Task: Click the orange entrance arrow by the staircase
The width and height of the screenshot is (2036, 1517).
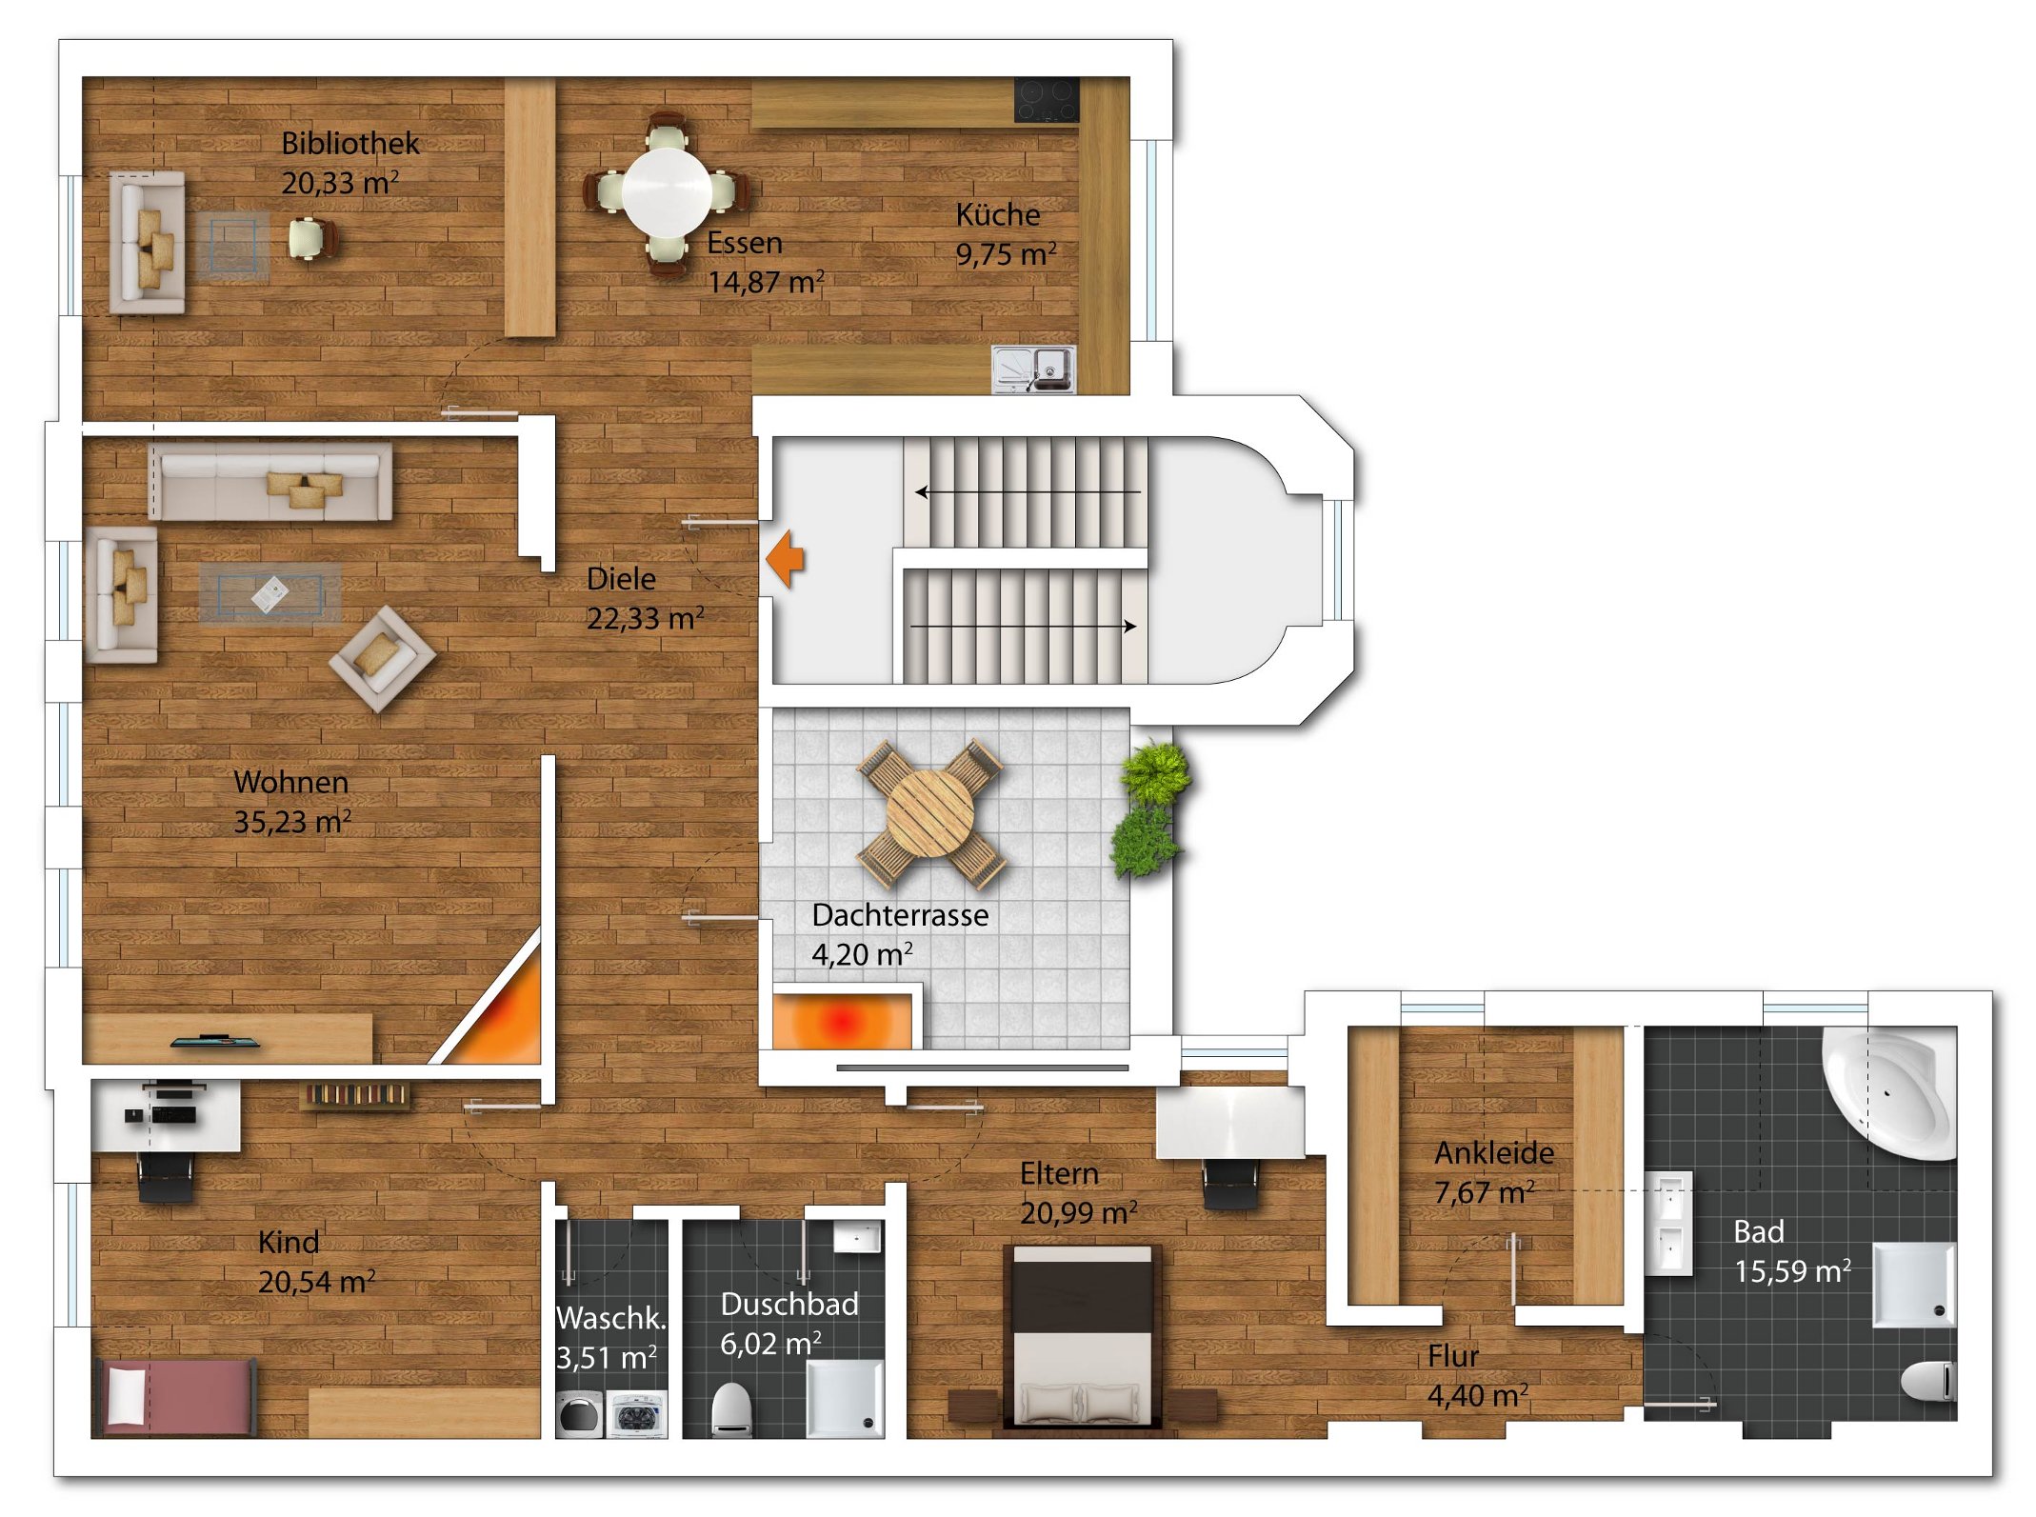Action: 785,559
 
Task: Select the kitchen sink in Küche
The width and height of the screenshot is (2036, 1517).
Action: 1033,369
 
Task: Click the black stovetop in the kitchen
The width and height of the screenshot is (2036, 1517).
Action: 1047,99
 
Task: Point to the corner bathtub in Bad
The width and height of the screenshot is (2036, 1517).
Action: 1891,1091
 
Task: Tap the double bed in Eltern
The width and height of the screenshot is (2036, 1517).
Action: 1083,1336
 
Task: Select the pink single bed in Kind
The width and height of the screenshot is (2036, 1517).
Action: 174,1397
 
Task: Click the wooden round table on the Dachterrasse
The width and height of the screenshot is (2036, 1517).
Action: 930,814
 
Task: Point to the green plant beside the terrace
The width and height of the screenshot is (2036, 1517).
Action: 1151,809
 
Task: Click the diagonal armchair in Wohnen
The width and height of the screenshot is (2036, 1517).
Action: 382,658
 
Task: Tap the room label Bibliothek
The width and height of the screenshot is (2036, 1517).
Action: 349,143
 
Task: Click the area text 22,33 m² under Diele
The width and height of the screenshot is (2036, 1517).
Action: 645,618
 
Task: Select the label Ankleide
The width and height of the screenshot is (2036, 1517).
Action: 1494,1153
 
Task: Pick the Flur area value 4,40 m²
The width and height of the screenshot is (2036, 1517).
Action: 1477,1395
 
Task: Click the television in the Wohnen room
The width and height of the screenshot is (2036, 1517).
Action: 215,1041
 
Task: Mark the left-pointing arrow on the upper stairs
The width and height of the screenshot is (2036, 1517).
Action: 1028,491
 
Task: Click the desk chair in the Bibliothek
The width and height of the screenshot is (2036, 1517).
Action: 313,237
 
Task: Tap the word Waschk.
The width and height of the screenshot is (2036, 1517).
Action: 610,1318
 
